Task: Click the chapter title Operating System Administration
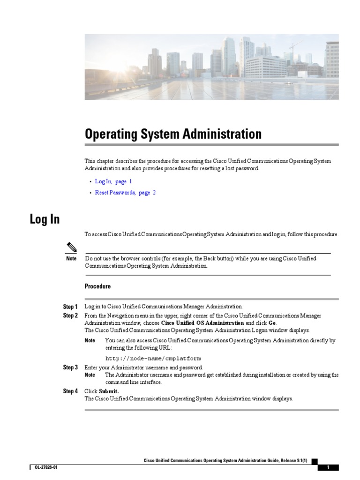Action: pyautogui.click(x=173, y=135)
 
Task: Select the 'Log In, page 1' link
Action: pyautogui.click(x=113, y=181)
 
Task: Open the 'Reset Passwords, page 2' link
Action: pyautogui.click(x=125, y=193)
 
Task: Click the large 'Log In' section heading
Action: pyautogui.click(x=45, y=219)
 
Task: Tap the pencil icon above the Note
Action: pyautogui.click(x=71, y=247)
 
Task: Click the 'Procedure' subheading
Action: pyautogui.click(x=97, y=286)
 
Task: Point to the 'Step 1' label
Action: pyautogui.click(x=70, y=307)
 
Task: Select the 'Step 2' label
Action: pyautogui.click(x=70, y=316)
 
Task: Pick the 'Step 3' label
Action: pyautogui.click(x=70, y=367)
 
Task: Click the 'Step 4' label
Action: pyautogui.click(x=70, y=391)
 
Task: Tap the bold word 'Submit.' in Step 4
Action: pyautogui.click(x=109, y=391)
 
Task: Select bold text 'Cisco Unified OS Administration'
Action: pyautogui.click(x=202, y=323)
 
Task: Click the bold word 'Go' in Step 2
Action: pyautogui.click(x=272, y=323)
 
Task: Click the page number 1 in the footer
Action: pyautogui.click(x=328, y=468)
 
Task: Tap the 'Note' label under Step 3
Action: pyautogui.click(x=90, y=375)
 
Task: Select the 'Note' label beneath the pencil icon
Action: pyautogui.click(x=71, y=259)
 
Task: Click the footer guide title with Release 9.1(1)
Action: pyautogui.click(x=225, y=461)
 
